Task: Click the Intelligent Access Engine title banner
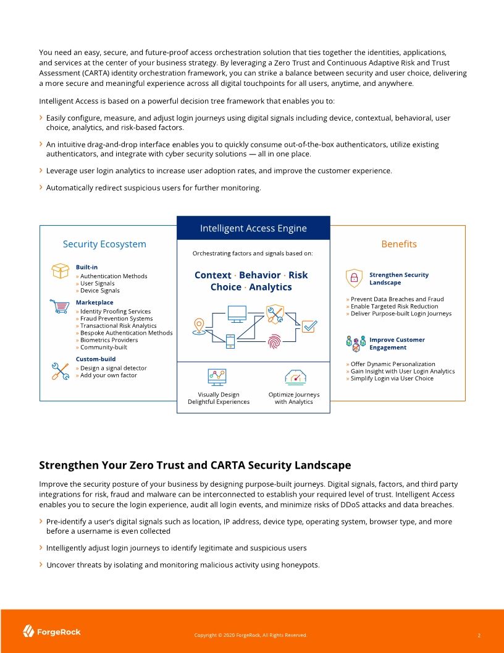[253, 228]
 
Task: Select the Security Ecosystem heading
[104, 244]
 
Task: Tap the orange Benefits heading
[399, 244]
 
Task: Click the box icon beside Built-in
[60, 271]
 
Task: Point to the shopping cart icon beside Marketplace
[59, 305]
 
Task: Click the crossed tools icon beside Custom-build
[59, 371]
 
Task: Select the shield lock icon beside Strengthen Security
[354, 278]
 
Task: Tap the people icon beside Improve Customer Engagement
[356, 343]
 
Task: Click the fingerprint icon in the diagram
[274, 341]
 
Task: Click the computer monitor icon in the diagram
[237, 313]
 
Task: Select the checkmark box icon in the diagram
[309, 326]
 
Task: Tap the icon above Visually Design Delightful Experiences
[217, 376]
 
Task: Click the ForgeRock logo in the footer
[52, 631]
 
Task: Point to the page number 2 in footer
[479, 635]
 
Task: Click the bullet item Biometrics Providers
[109, 340]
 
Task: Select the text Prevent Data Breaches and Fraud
[397, 299]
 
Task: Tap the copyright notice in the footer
[250, 635]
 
